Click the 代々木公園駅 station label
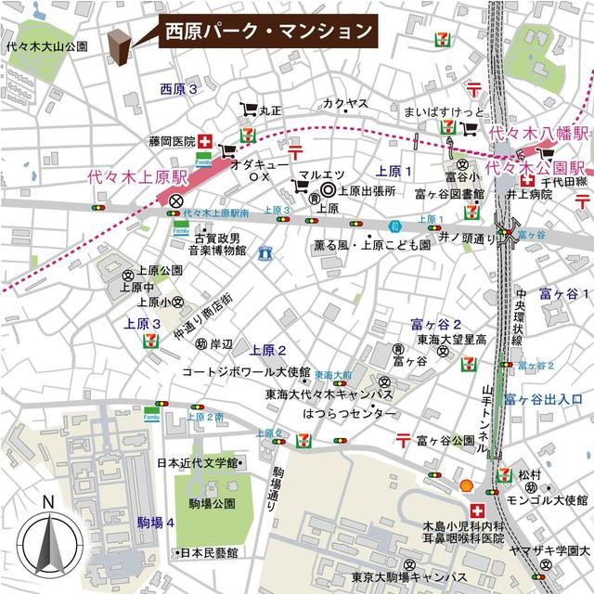click(x=539, y=168)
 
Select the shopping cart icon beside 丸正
click(x=248, y=110)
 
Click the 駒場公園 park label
click(x=213, y=504)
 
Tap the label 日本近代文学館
click(x=198, y=462)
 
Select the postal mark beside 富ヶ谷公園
click(x=404, y=438)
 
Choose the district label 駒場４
click(x=156, y=523)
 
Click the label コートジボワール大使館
click(x=245, y=371)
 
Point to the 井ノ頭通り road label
click(x=470, y=238)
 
